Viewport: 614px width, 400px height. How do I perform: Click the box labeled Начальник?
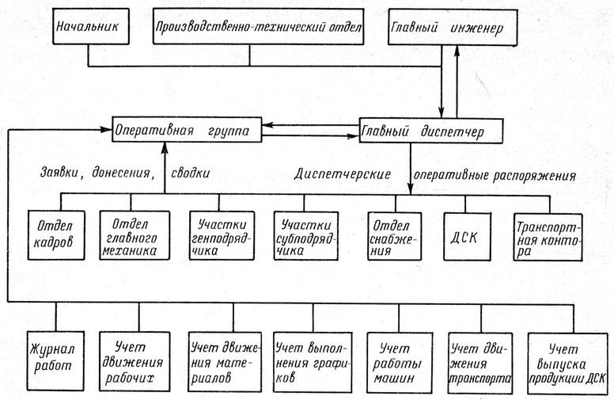pos(90,26)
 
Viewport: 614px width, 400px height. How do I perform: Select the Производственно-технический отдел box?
pos(258,27)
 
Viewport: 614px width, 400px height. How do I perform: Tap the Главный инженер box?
pos(453,28)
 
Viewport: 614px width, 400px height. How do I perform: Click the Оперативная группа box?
pos(187,129)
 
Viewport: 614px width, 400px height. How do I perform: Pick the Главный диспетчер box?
pos(430,131)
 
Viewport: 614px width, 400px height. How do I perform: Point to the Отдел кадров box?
pos(56,235)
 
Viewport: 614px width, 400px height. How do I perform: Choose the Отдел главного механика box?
pos(135,235)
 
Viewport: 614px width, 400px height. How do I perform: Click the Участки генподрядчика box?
pos(222,236)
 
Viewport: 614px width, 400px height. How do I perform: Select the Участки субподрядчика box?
pos(306,236)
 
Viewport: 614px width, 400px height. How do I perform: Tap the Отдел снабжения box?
pos(394,237)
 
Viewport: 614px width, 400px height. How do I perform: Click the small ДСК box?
pos(467,237)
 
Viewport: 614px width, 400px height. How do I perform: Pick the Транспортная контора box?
pos(548,237)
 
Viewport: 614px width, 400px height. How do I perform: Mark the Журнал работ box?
pos(55,360)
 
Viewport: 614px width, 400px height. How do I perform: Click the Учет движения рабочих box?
pos(135,361)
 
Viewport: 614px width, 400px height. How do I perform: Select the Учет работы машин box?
pos(400,363)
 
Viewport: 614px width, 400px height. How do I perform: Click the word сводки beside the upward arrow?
pos(190,173)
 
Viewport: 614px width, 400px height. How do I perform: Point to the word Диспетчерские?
pos(343,174)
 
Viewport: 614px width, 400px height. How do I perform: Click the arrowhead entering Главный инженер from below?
pos(457,51)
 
